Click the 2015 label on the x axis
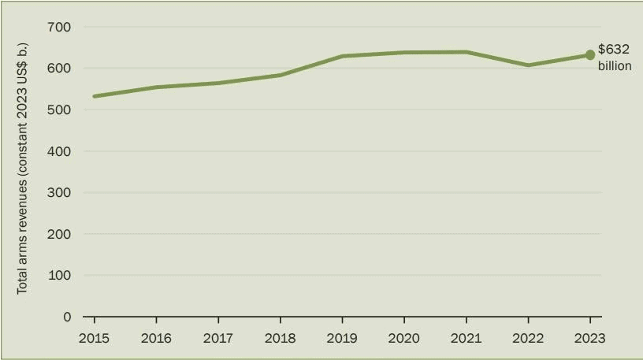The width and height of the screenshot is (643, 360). (94, 338)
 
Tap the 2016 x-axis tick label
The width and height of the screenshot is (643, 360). (156, 338)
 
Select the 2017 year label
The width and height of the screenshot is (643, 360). (217, 338)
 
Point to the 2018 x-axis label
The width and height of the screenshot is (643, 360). (280, 338)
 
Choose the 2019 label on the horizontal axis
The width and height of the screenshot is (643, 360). (342, 338)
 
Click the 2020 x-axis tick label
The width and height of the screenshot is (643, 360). (403, 338)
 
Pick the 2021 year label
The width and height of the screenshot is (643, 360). (466, 338)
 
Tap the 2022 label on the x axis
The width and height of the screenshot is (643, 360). (528, 338)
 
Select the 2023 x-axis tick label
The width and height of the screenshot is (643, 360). (589, 338)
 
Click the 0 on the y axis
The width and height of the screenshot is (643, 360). (67, 317)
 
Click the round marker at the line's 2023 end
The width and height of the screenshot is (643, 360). (589, 55)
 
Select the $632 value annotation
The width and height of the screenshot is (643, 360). (614, 50)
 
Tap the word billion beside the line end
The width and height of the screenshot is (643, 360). (615, 66)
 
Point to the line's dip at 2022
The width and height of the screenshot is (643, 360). (528, 65)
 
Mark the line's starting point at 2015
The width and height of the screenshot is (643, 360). (95, 96)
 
